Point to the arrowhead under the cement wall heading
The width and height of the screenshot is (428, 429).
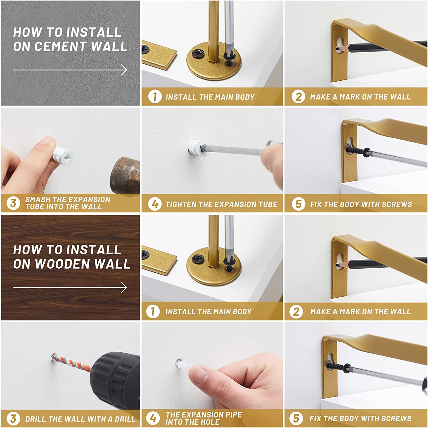[124, 70]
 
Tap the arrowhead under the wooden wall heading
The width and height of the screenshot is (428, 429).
[124, 287]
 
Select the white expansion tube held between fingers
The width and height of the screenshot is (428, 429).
[63, 156]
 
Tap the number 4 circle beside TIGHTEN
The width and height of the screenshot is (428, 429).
[155, 204]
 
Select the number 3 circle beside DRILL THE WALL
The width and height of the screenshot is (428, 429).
[13, 419]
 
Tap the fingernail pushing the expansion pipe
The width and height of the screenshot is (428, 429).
[199, 375]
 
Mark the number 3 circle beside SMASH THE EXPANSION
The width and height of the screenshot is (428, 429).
[13, 203]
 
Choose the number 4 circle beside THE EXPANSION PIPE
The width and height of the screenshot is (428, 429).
[153, 418]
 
